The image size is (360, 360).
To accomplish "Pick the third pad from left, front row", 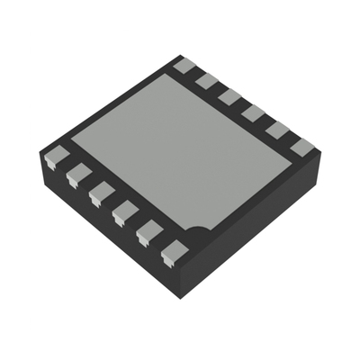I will pyautogui.click(x=101, y=192).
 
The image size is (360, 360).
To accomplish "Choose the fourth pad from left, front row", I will pyautogui.click(x=124, y=212).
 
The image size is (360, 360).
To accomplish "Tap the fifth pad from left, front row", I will pyautogui.click(x=148, y=232).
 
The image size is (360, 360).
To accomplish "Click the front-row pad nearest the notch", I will pyautogui.click(x=172, y=252).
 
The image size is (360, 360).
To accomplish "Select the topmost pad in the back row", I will pyautogui.click(x=184, y=65).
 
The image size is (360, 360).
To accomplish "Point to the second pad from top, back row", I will pyautogui.click(x=208, y=81).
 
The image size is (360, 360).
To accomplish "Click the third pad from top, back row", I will pyautogui.click(x=230, y=96).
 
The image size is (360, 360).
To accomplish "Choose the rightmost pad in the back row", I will pyautogui.click(x=301, y=146).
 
